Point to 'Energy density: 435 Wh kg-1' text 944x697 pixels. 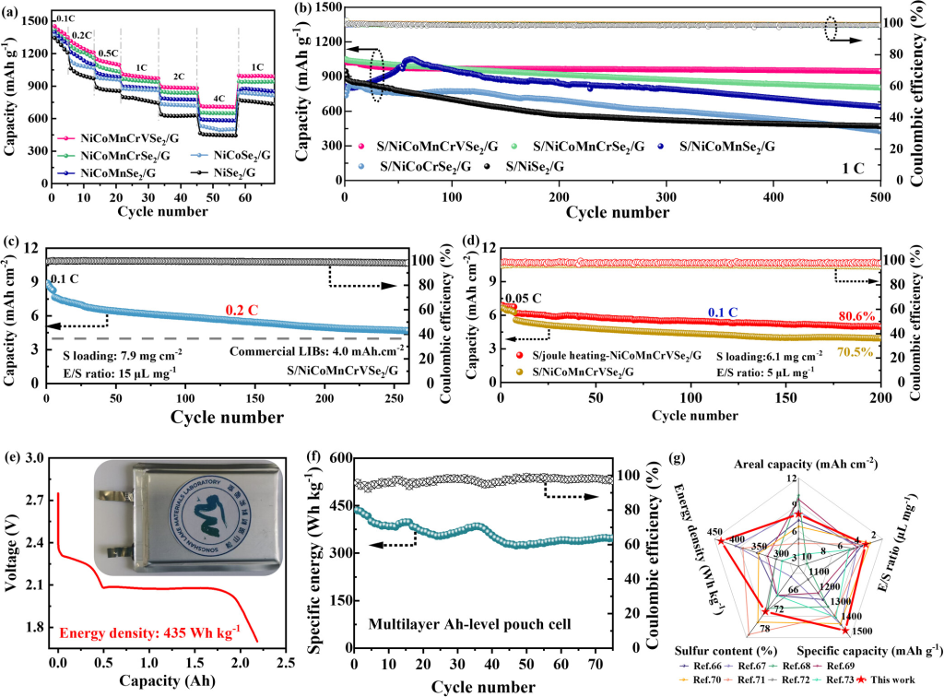148,632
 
